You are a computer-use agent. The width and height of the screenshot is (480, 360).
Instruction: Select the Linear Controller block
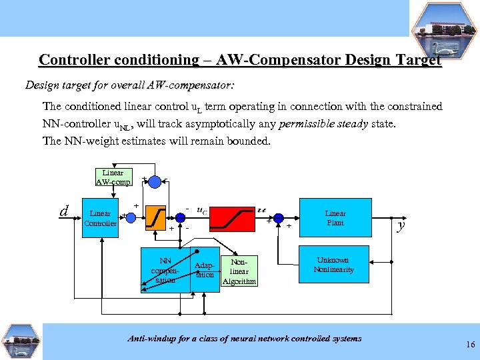point(100,219)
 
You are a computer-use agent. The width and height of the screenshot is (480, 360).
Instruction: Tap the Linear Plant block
point(335,218)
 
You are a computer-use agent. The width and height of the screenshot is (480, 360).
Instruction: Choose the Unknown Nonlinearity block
point(335,265)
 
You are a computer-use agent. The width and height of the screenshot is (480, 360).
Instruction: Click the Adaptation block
point(205,270)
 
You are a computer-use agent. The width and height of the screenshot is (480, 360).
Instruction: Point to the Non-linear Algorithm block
point(239,271)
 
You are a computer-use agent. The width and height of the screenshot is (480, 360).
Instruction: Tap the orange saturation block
point(155,217)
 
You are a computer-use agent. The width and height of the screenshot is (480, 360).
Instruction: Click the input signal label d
point(65,212)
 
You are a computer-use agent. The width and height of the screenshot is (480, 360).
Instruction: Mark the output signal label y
point(401,225)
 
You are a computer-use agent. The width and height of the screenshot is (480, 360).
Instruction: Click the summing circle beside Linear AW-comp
point(155,181)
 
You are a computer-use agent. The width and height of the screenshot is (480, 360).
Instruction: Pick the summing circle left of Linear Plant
point(278,218)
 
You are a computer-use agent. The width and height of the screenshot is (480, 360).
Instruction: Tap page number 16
point(471,345)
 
